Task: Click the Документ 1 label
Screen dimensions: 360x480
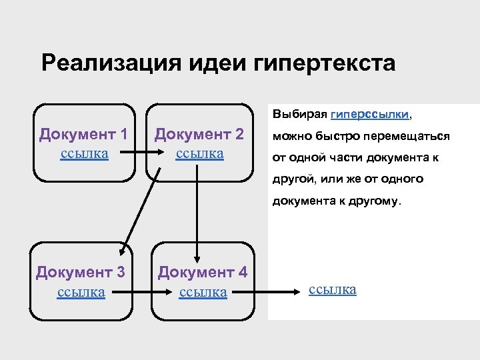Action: [x=83, y=134]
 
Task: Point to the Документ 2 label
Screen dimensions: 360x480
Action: [x=199, y=134]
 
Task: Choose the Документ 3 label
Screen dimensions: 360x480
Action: [x=81, y=272]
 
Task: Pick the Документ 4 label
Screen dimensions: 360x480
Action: [x=203, y=272]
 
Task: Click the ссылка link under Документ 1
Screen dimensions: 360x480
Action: [x=84, y=153]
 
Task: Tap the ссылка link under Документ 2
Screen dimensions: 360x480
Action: [x=199, y=153]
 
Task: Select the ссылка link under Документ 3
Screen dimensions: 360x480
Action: [x=81, y=291]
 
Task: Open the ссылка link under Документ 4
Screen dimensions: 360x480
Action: [x=203, y=291]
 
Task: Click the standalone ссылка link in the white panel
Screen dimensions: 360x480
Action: [x=333, y=289]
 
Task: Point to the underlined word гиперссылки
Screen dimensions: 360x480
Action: [x=370, y=115]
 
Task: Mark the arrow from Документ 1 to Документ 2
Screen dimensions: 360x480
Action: [x=130, y=154]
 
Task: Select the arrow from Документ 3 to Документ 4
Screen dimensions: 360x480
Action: [x=132, y=291]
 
